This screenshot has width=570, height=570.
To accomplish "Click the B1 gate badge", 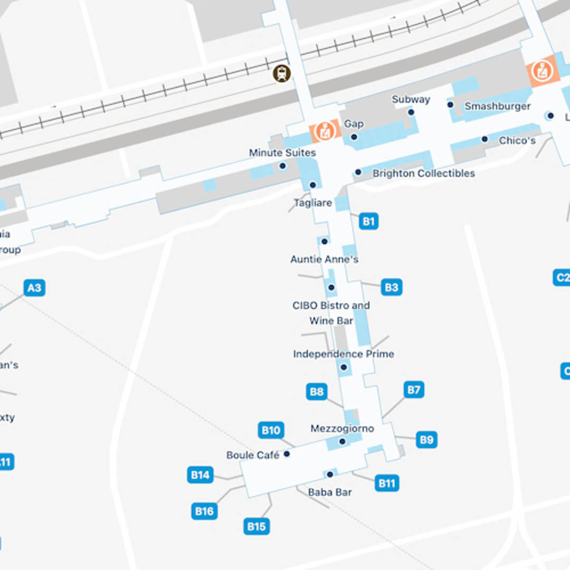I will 368,221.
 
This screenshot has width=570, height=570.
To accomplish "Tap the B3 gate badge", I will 391,287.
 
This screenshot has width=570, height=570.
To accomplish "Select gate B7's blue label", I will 414,390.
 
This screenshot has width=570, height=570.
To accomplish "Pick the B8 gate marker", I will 317,392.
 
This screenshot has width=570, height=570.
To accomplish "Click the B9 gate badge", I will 426,440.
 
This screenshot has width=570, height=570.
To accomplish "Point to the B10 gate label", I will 271,430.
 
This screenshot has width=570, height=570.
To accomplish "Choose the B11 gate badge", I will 387,483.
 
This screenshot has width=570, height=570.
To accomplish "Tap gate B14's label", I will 201,475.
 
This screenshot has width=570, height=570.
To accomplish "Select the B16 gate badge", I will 204,511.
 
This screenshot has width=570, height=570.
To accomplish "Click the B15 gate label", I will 256,526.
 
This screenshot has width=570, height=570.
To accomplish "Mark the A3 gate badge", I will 34,288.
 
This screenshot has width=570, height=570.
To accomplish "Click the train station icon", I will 282,73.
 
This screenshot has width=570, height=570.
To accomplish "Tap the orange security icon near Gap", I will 324,130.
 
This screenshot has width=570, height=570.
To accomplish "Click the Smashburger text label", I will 497,106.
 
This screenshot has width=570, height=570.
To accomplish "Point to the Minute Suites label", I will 282,153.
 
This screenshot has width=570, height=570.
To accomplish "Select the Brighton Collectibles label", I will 423,173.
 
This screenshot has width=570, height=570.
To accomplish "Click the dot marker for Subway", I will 411,112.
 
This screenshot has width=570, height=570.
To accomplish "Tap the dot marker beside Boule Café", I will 287,454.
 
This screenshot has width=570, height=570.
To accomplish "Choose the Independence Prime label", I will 344,354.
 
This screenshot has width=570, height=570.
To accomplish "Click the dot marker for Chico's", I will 484,139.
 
